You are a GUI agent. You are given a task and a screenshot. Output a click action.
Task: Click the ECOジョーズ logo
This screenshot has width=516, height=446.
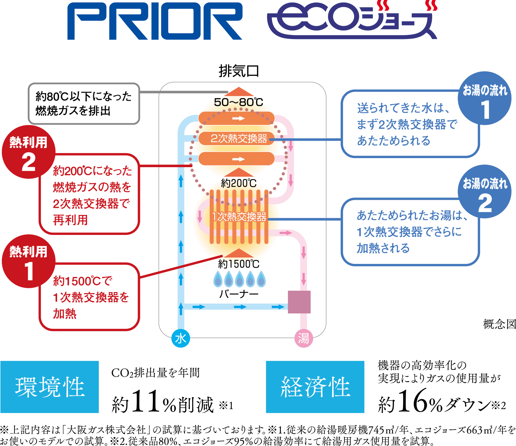352,21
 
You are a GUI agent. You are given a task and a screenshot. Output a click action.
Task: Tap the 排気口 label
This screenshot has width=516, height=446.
239,71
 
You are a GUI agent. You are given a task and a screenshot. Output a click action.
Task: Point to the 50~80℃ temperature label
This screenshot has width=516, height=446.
239,102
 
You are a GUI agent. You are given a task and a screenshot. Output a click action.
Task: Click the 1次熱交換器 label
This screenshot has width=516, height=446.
239,217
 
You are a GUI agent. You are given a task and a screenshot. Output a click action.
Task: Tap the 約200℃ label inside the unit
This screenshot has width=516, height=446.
239,183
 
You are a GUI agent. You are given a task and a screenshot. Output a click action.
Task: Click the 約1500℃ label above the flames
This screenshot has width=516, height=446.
239,264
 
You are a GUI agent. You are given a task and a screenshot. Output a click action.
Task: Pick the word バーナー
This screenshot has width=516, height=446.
239,294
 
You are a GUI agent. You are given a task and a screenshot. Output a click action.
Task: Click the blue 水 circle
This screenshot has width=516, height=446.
181,338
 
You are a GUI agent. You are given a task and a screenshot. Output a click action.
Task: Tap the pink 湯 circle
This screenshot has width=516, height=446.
303,338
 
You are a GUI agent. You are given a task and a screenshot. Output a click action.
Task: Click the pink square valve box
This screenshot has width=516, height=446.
299,302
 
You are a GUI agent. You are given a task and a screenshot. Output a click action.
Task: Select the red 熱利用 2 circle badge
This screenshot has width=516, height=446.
28,152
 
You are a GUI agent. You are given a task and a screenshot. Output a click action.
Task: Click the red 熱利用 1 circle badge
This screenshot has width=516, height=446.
28,261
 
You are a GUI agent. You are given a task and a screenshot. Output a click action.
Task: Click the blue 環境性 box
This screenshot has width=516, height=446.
50,387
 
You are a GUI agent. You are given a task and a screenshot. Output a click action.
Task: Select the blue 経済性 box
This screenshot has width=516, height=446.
315,387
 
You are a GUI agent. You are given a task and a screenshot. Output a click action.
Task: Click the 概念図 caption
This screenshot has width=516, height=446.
499,324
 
